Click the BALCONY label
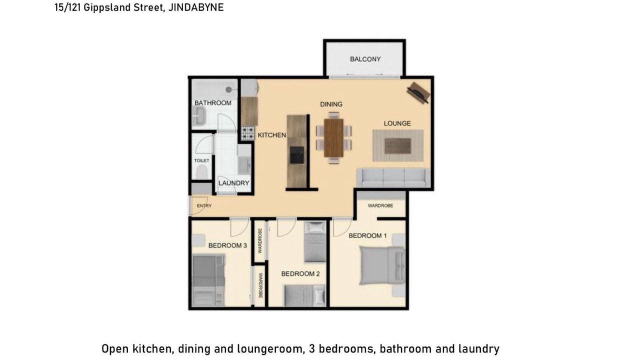point(365,59)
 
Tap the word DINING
point(331,104)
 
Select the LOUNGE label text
point(397,123)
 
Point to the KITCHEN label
point(271,135)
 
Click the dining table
point(333,138)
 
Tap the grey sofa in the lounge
point(393,177)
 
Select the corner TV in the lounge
point(418,92)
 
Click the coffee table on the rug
point(397,145)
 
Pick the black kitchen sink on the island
point(297,155)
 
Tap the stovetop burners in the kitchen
point(247,133)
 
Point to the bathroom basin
point(198,116)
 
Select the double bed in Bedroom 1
point(382,265)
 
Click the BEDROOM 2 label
point(300,273)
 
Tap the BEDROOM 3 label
point(227,245)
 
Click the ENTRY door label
point(204,205)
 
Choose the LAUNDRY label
point(233,183)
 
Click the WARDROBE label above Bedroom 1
point(380,205)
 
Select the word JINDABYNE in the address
point(196,7)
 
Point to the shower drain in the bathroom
point(228,89)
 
